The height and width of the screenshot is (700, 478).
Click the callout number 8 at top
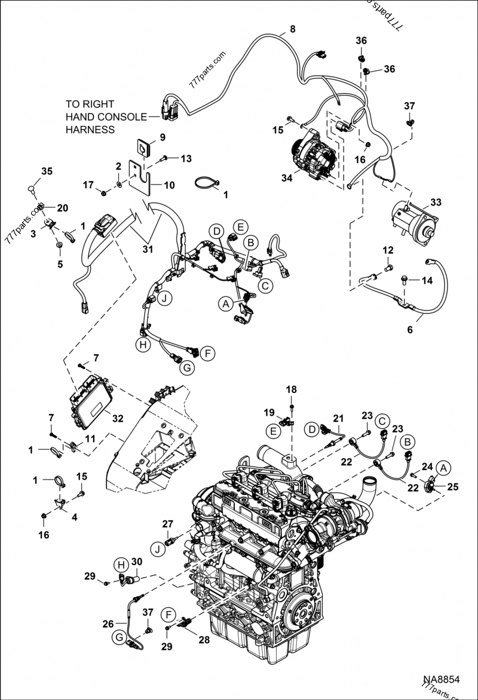pos(292,29)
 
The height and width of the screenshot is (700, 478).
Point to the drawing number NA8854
pos(442,680)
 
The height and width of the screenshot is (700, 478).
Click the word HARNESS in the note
pos(90,129)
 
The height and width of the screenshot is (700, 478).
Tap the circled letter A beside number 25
pos(443,468)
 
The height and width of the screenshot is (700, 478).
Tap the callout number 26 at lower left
pos(108,624)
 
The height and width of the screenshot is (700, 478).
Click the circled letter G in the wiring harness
pos(186,369)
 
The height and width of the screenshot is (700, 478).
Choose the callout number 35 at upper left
pos(47,171)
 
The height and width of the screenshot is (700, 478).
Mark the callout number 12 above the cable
pos(388,250)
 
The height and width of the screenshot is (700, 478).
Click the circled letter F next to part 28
pos(170,613)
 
